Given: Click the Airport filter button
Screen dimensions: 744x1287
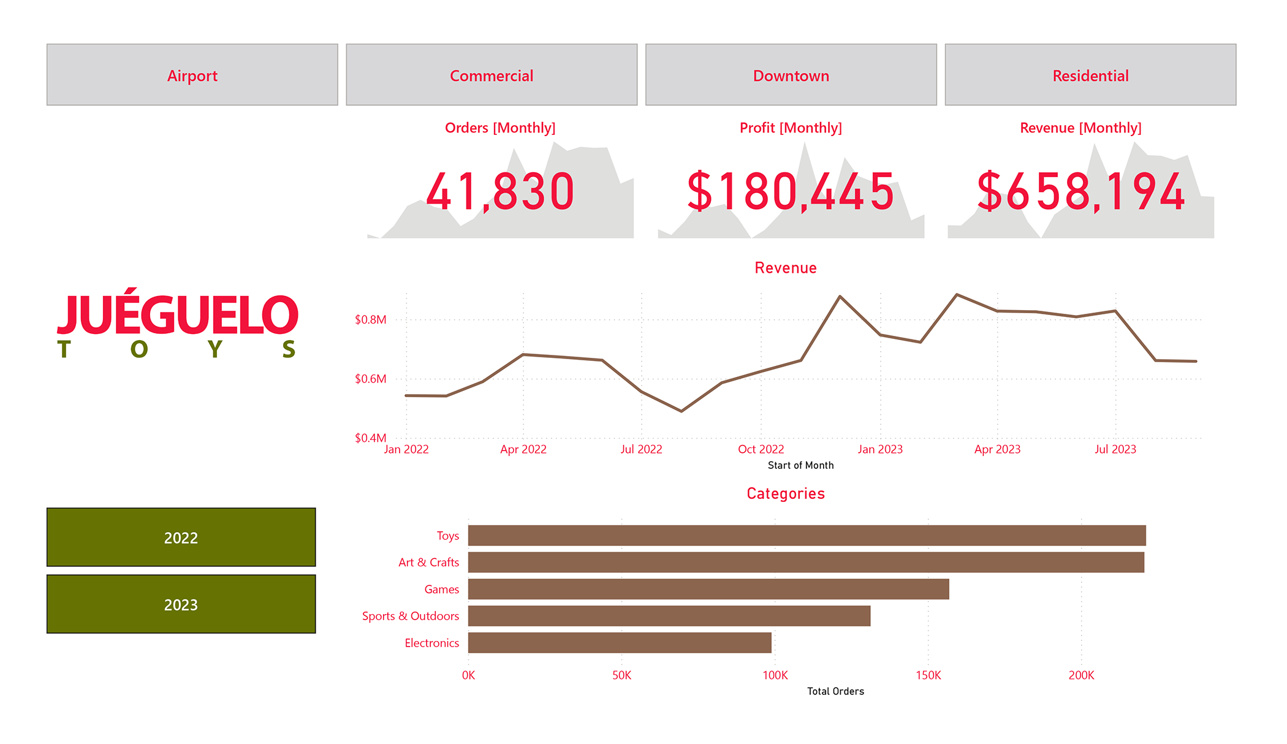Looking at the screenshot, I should (x=192, y=75).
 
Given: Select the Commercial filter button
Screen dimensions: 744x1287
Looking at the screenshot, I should (x=492, y=75).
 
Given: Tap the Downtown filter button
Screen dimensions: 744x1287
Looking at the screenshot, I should (x=791, y=75).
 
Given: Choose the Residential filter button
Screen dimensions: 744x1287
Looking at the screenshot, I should (x=1090, y=75).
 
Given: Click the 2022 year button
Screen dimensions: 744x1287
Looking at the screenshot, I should (x=181, y=537).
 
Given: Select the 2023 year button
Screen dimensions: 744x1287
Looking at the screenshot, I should (x=181, y=604).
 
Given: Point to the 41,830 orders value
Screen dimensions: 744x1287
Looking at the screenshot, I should (x=500, y=192).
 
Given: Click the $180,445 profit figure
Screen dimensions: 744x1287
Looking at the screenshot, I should (x=791, y=192).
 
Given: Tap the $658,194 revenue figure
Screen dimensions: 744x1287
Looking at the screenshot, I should (x=1080, y=192).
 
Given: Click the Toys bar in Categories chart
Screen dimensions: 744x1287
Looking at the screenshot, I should (x=807, y=536).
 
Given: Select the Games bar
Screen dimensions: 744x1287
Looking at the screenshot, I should (x=708, y=589).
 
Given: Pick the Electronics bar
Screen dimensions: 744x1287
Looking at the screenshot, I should (x=619, y=643).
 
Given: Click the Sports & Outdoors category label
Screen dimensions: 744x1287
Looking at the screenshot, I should (x=410, y=616).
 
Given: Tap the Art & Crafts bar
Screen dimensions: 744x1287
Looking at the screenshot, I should (x=805, y=563).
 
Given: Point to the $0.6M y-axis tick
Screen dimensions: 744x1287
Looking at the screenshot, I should (x=370, y=379).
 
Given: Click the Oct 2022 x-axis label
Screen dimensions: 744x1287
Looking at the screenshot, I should (x=761, y=449).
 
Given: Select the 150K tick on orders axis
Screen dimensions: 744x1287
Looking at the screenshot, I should (x=928, y=675).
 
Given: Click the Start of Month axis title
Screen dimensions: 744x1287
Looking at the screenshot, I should (x=800, y=465).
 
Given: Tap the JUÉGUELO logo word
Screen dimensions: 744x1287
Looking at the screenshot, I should (x=178, y=315).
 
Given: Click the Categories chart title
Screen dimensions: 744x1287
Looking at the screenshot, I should (x=785, y=493).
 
